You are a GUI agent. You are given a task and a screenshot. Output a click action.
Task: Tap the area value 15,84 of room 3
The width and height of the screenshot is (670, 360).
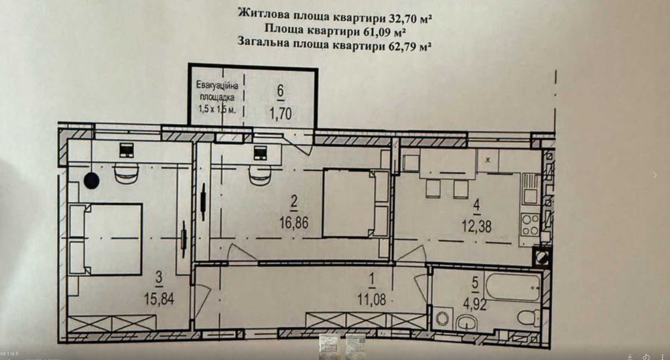click(x=159, y=300)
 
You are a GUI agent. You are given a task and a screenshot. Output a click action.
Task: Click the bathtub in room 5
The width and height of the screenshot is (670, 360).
click(x=513, y=286)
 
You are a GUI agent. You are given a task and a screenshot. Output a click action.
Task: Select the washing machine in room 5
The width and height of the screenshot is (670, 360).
click(x=442, y=317)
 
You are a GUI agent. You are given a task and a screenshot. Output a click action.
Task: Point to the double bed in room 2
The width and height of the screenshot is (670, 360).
click(x=355, y=203)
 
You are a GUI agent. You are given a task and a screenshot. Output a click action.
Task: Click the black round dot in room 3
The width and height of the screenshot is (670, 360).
click(x=92, y=180)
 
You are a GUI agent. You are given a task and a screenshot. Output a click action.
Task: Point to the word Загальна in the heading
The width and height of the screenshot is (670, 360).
click(x=263, y=44)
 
